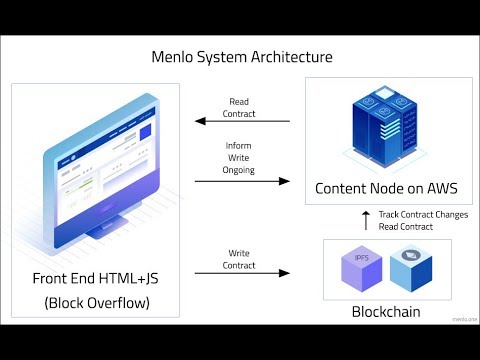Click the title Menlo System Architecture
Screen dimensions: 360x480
click(240, 58)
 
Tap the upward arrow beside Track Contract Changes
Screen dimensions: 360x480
click(366, 218)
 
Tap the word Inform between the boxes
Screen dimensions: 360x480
click(240, 145)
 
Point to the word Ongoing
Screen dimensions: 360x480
click(240, 169)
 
